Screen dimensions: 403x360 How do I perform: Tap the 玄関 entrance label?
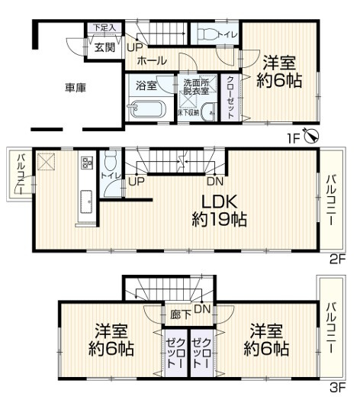[104, 47]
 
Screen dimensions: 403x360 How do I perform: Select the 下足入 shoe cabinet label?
[104, 28]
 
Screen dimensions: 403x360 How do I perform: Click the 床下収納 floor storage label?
[188, 113]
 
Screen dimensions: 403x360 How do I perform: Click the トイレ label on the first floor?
[226, 34]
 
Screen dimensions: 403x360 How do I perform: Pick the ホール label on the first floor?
[153, 60]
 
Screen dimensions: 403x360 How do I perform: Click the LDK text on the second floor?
[220, 201]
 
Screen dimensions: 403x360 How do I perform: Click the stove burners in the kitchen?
[86, 163]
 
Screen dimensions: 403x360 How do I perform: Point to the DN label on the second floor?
[215, 181]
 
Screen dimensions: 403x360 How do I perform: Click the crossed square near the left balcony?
[47, 161]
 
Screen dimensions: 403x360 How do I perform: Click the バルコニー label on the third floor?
[331, 327]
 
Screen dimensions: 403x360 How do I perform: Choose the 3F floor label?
[337, 388]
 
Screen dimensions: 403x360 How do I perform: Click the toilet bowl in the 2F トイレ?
[111, 163]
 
